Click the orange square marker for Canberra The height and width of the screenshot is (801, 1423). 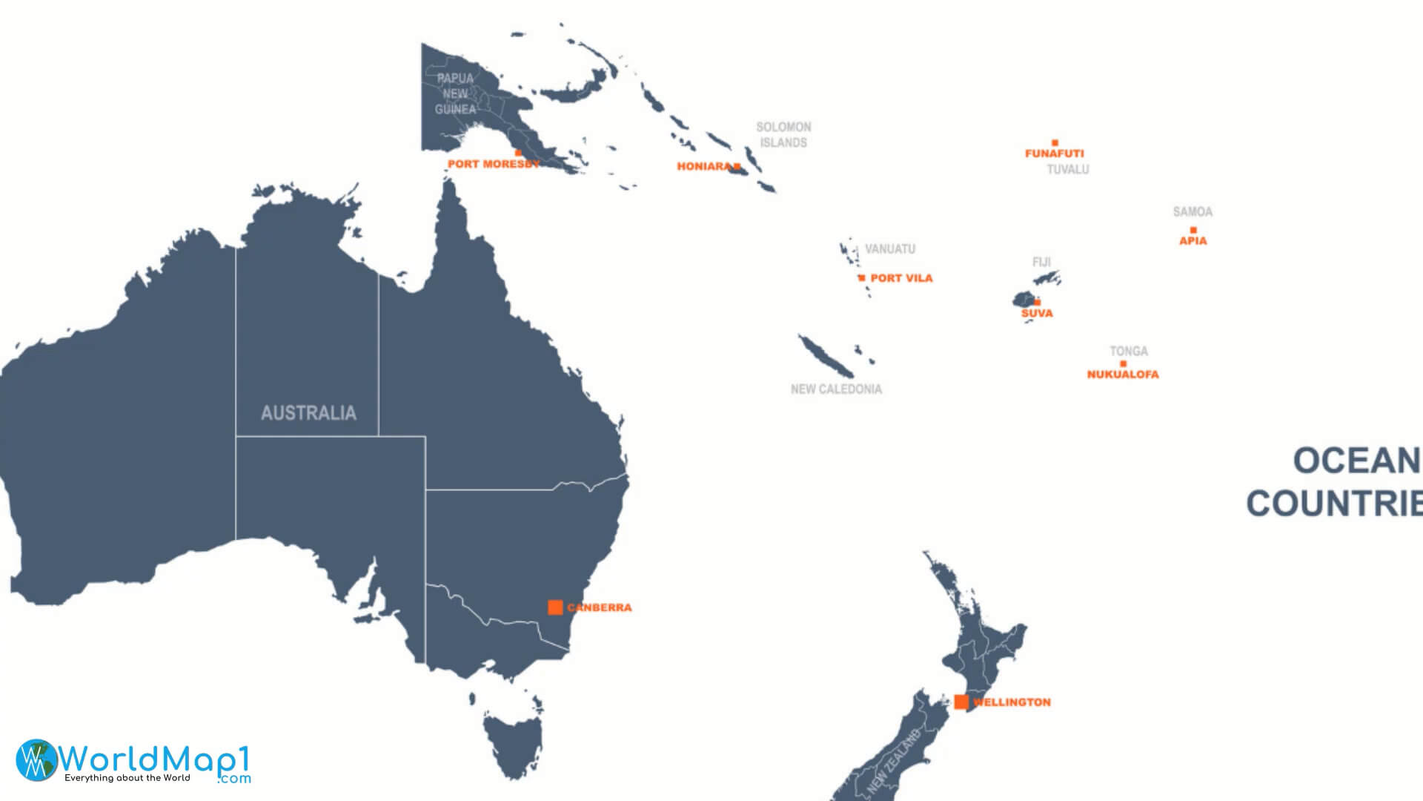pyautogui.click(x=555, y=607)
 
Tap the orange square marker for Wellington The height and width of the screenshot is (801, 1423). pyautogui.click(x=961, y=702)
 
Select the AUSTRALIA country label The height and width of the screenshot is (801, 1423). pyautogui.click(x=308, y=413)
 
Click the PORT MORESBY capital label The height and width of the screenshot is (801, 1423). pyautogui.click(x=494, y=164)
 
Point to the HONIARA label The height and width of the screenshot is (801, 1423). pyautogui.click(x=703, y=167)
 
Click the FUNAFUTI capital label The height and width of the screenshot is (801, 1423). pyautogui.click(x=1054, y=154)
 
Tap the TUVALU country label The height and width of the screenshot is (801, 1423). pyautogui.click(x=1068, y=170)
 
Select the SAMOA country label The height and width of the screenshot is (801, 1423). pyautogui.click(x=1193, y=212)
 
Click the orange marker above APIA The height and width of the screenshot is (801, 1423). pyautogui.click(x=1193, y=230)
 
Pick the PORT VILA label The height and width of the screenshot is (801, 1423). pyautogui.click(x=901, y=278)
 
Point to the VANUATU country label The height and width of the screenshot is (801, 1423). pyautogui.click(x=890, y=249)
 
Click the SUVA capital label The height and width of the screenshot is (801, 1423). pyautogui.click(x=1037, y=314)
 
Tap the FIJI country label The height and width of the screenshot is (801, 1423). pyautogui.click(x=1041, y=263)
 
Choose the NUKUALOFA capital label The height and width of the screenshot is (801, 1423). pyautogui.click(x=1123, y=375)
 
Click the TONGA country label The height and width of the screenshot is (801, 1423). pyautogui.click(x=1129, y=352)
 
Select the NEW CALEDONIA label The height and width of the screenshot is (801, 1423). pyautogui.click(x=836, y=389)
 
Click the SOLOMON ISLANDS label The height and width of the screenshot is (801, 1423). pyautogui.click(x=783, y=135)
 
